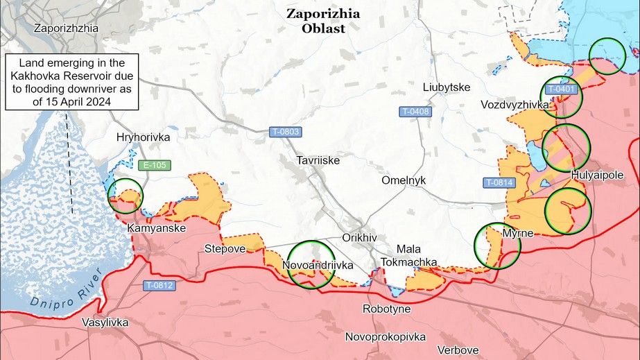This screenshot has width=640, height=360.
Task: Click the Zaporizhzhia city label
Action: (66, 28)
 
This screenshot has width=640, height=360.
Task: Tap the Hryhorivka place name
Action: (144, 137)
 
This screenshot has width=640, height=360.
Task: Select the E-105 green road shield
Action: (153, 165)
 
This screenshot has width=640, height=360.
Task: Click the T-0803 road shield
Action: (285, 132)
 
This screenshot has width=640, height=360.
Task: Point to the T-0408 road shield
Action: (415, 112)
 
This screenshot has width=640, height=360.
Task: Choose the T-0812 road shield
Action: (159, 285)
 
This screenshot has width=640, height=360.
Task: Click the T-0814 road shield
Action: (499, 182)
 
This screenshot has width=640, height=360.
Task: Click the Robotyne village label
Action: (387, 309)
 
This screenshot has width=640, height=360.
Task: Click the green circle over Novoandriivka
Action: (311, 264)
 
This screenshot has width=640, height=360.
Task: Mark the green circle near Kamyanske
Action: (126, 195)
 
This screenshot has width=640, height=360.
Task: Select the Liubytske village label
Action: (447, 87)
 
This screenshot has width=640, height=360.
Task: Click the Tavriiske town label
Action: (318, 160)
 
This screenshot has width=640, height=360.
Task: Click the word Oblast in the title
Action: (323, 29)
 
